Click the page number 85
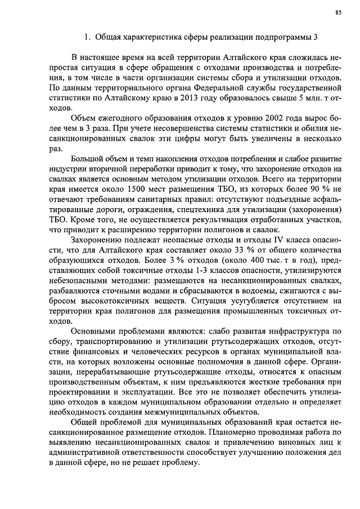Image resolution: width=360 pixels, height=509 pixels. tap(338, 11)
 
